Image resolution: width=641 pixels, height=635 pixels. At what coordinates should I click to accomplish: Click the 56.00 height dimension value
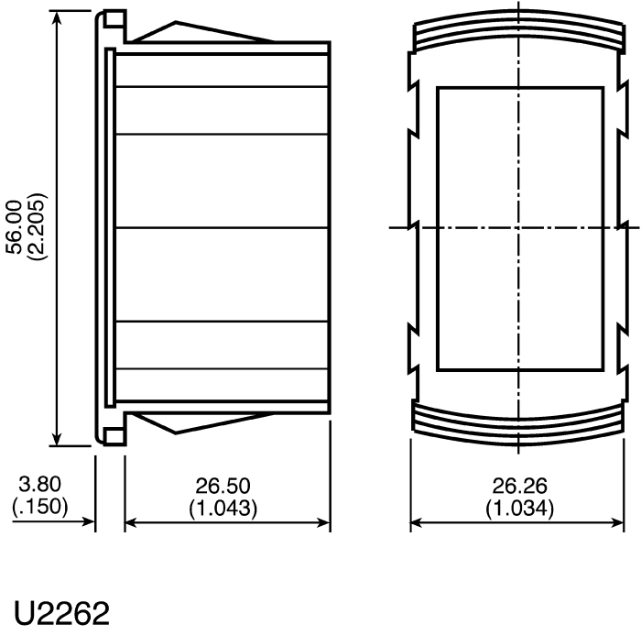pyautogui.click(x=16, y=226)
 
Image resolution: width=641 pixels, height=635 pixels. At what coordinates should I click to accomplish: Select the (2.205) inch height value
pyautogui.click(x=37, y=226)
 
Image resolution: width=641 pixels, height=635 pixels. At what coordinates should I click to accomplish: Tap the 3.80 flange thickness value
pyautogui.click(x=40, y=484)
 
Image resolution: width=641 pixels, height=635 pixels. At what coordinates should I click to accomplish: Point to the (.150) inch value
pyautogui.click(x=40, y=506)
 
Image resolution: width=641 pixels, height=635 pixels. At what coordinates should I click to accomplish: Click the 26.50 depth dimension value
pyautogui.click(x=223, y=486)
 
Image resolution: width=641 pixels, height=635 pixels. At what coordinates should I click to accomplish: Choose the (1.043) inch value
pyautogui.click(x=223, y=508)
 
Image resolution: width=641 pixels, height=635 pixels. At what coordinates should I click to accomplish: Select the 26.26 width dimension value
pyautogui.click(x=519, y=486)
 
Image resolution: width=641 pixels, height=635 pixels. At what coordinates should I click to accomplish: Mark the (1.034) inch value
pyautogui.click(x=519, y=508)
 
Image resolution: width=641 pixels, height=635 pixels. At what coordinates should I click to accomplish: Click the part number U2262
pyautogui.click(x=62, y=613)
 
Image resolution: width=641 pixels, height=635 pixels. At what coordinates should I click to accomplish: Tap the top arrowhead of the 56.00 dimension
pyautogui.click(x=57, y=16)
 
